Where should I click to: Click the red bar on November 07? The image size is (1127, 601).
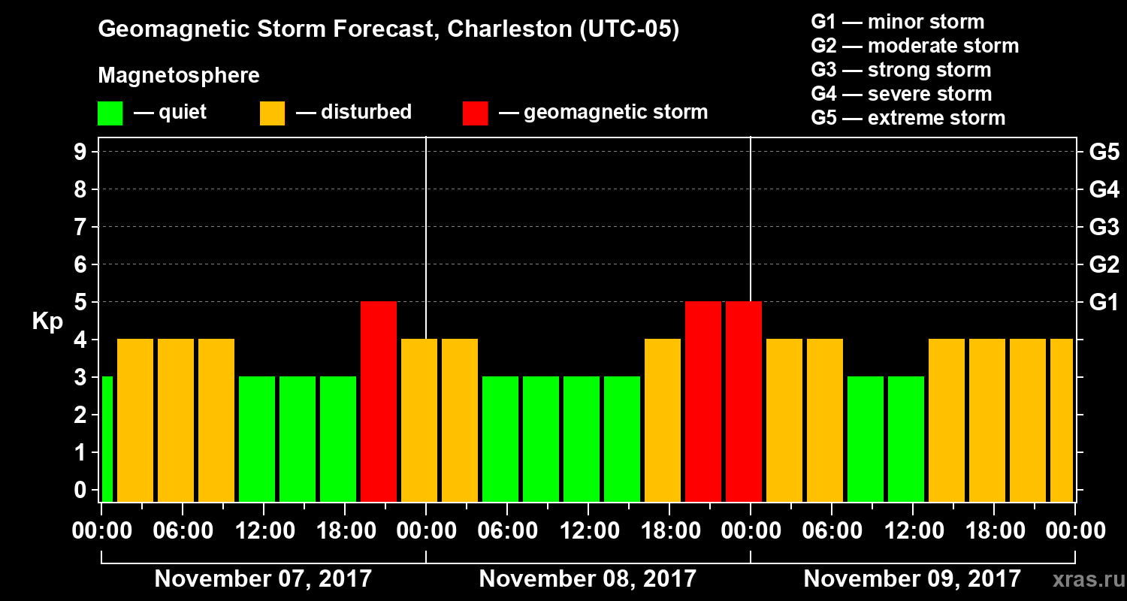pyautogui.click(x=379, y=401)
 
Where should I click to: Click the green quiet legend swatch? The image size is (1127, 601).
pyautogui.click(x=110, y=113)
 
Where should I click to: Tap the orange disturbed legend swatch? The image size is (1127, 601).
pyautogui.click(x=272, y=113)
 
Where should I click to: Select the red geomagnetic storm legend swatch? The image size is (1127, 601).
pyautogui.click(x=475, y=113)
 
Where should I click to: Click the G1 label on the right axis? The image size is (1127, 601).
pyautogui.click(x=1104, y=302)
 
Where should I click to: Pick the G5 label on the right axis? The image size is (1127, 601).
pyautogui.click(x=1104, y=152)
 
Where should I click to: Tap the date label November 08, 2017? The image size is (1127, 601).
pyautogui.click(x=588, y=578)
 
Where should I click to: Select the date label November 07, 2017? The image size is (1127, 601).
pyautogui.click(x=263, y=578)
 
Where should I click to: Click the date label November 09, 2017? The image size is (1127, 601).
pyautogui.click(x=912, y=578)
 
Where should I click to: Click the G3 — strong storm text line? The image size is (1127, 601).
pyautogui.click(x=901, y=70)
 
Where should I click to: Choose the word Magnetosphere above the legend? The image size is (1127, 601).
pyautogui.click(x=179, y=76)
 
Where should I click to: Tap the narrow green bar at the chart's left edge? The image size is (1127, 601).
pyautogui.click(x=107, y=439)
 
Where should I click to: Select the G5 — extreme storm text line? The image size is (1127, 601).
pyautogui.click(x=908, y=118)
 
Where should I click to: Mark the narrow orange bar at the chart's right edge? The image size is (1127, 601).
pyautogui.click(x=1061, y=420)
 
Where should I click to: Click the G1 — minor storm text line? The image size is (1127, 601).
pyautogui.click(x=897, y=22)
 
